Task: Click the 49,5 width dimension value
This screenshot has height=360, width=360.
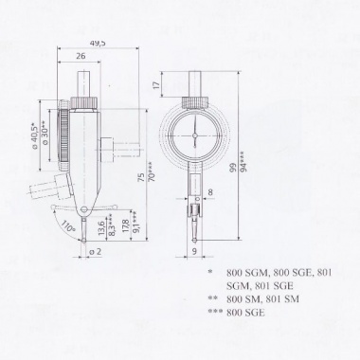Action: [x=98, y=44]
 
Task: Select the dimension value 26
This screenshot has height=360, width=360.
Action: [x=81, y=56]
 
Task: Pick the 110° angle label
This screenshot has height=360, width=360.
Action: [x=67, y=226]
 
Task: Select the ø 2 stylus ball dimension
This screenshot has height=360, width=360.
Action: [x=96, y=252]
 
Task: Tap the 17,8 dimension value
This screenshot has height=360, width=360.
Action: [x=126, y=226]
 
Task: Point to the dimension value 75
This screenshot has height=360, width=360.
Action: [x=142, y=177]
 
